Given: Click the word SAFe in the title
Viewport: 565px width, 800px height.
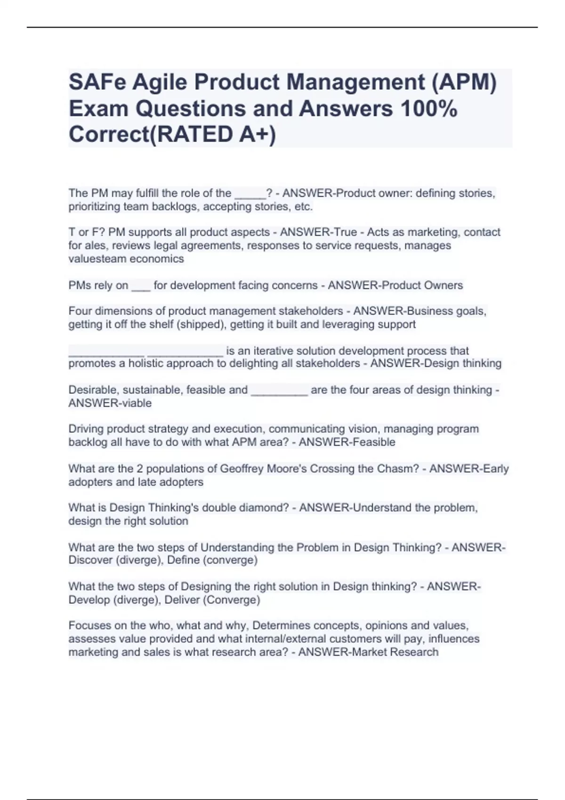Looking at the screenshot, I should coord(97,82).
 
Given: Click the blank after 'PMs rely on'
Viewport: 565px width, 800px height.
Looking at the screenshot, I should coord(141,286).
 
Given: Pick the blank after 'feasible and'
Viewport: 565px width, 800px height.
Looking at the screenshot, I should coord(279,390).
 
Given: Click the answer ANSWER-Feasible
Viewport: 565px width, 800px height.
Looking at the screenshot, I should coord(347,442).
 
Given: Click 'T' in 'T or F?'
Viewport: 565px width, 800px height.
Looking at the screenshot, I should coord(72,232).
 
